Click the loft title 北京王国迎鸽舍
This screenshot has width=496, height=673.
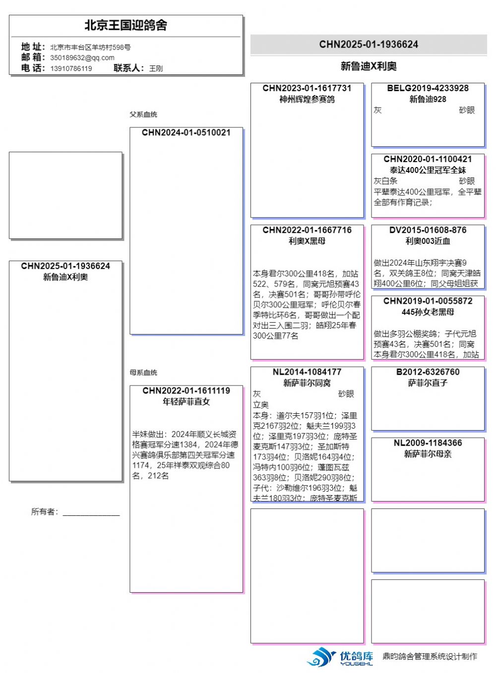[125, 25]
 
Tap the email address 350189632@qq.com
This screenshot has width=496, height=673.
[82, 57]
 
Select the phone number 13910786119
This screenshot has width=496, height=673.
[71, 68]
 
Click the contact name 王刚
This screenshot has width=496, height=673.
[156, 68]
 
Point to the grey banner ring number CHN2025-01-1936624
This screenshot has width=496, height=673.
[369, 45]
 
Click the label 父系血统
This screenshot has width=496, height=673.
[143, 114]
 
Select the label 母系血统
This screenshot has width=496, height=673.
[143, 373]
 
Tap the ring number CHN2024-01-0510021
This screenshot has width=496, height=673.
[186, 133]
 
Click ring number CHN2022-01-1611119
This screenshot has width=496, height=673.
[186, 391]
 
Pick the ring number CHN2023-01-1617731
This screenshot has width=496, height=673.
[307, 88]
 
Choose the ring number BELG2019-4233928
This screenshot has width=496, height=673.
[428, 88]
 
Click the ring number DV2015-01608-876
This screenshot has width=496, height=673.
[428, 230]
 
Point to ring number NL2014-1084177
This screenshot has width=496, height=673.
[307, 372]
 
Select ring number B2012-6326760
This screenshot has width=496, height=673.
[428, 372]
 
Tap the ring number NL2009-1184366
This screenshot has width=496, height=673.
[428, 443]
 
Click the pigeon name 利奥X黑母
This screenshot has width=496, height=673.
[307, 241]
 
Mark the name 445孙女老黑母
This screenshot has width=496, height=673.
[428, 312]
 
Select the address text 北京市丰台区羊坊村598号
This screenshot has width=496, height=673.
[90, 48]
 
